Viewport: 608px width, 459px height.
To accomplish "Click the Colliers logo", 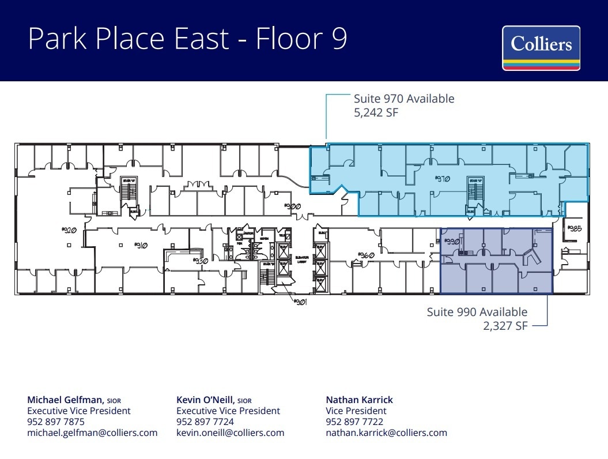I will (x=541, y=48).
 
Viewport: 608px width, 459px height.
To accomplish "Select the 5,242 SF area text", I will (x=376, y=112).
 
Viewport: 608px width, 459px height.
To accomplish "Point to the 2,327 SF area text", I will (x=504, y=326).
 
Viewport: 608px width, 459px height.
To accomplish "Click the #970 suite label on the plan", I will (x=442, y=179).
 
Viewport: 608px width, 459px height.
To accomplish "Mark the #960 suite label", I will (x=367, y=254).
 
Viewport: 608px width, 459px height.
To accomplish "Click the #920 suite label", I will (x=69, y=230).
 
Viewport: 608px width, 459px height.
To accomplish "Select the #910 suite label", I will (x=141, y=245).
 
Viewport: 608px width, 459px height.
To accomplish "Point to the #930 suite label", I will (x=199, y=261).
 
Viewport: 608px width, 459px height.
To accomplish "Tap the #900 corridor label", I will (x=293, y=206).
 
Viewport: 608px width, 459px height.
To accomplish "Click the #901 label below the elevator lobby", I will (x=299, y=302).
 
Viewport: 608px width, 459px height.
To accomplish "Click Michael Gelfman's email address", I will (x=92, y=432).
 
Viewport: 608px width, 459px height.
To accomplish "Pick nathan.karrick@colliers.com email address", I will (x=386, y=432).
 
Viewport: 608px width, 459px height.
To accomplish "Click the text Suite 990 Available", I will (x=477, y=312).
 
